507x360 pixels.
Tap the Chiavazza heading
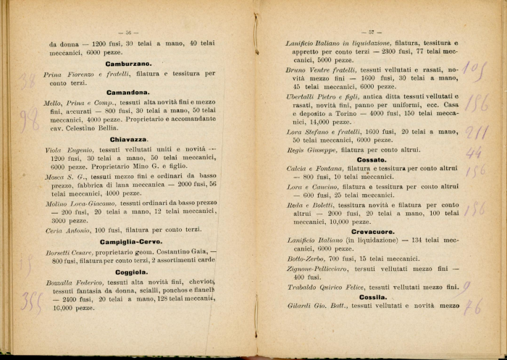pyautogui.click(x=128, y=138)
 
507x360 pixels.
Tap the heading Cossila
pyautogui.click(x=372, y=296)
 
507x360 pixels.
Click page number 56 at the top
pyautogui.click(x=127, y=32)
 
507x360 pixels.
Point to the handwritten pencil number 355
pyautogui.click(x=31, y=300)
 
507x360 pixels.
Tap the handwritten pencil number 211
pyautogui.click(x=475, y=133)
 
